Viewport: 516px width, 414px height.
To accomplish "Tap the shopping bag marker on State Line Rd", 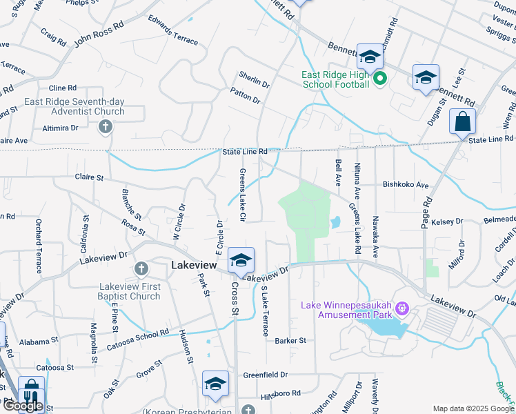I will [x=463, y=121].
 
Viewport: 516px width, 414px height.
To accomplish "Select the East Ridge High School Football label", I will [x=336, y=80].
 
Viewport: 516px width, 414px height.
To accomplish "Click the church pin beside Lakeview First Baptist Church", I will [x=141, y=268].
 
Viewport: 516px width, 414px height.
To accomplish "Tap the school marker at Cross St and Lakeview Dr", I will [x=241, y=259].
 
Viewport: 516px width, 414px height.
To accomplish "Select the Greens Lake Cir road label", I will [x=243, y=195].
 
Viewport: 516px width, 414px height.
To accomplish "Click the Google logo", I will [x=23, y=406].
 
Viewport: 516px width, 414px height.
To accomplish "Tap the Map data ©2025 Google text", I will [x=473, y=408].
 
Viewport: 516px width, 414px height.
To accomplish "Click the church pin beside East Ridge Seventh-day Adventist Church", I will [x=105, y=126].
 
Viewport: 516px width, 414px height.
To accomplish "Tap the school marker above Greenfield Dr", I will [x=215, y=384].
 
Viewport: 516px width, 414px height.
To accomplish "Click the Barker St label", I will [x=290, y=341].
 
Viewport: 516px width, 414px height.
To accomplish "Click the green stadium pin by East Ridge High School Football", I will [x=379, y=80].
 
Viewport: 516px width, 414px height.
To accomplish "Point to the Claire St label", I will [x=89, y=177].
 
